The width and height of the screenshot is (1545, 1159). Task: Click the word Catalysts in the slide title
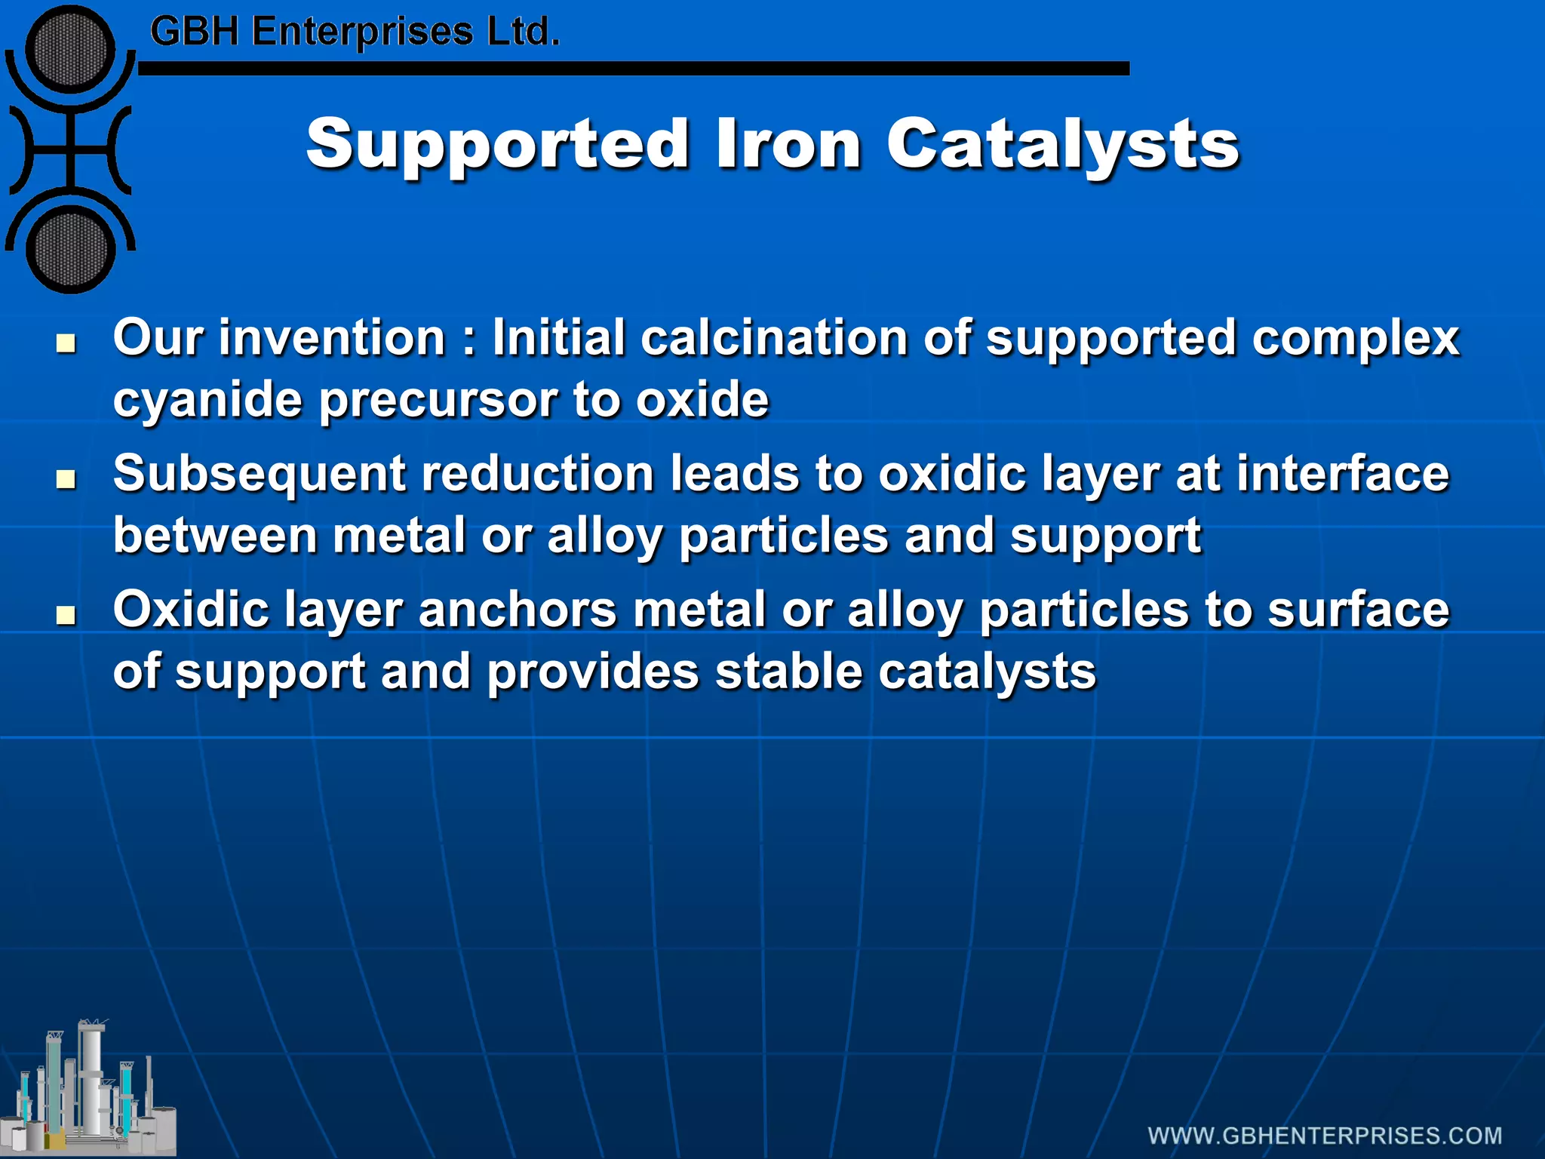(1062, 145)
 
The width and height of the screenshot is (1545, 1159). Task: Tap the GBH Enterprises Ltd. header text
(355, 32)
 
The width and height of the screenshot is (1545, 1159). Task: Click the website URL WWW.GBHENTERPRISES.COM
(1325, 1136)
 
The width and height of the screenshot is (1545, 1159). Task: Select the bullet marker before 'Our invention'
(66, 343)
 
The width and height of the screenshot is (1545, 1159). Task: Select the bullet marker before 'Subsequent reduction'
(66, 479)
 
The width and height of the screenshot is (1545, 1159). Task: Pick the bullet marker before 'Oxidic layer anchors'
(66, 615)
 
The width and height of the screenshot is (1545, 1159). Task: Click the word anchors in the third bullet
(518, 610)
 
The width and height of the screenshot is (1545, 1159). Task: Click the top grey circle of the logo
(69, 50)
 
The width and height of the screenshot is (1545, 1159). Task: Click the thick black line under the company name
(634, 69)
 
